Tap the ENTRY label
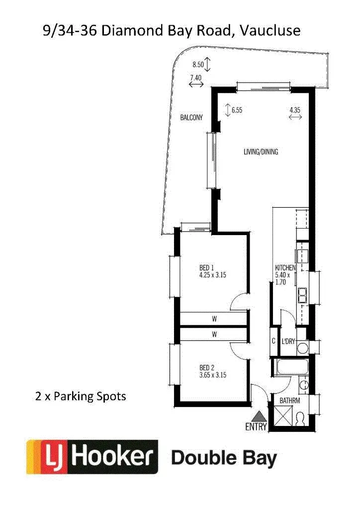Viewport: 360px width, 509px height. coord(257,426)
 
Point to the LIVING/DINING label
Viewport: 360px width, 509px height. coord(261,152)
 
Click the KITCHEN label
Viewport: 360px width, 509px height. coord(285,268)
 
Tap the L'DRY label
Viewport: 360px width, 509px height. coord(288,341)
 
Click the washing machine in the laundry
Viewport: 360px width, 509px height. coord(303,347)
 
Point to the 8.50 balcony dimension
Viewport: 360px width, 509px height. coord(198,64)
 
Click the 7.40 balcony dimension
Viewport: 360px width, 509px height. coord(196,78)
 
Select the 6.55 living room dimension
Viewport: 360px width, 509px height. coord(236,110)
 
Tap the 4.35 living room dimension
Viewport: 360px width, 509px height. coord(295,110)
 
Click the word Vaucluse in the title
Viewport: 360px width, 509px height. coord(270,30)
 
